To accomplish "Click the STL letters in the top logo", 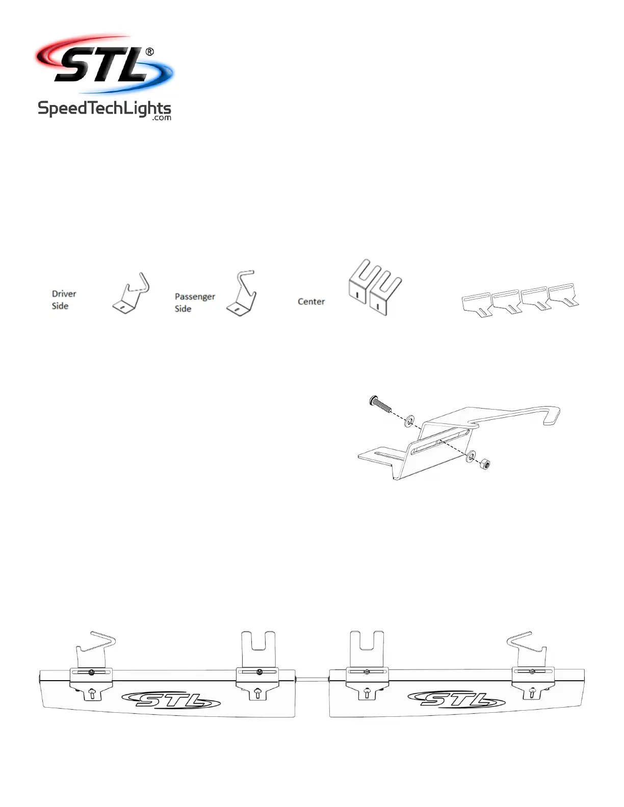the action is tap(102, 65).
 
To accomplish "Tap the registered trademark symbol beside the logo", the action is tap(149, 52).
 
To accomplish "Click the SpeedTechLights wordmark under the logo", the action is tap(104, 109).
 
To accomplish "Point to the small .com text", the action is tap(162, 118).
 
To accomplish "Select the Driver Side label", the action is tap(64, 300).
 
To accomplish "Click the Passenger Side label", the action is tap(194, 302).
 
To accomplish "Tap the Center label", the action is tap(311, 302).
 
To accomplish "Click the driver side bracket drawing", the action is tap(131, 294).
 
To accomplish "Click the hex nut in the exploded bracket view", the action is tap(485, 464).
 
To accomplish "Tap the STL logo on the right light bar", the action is tap(456, 700).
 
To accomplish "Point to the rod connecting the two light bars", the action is tap(313, 679).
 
